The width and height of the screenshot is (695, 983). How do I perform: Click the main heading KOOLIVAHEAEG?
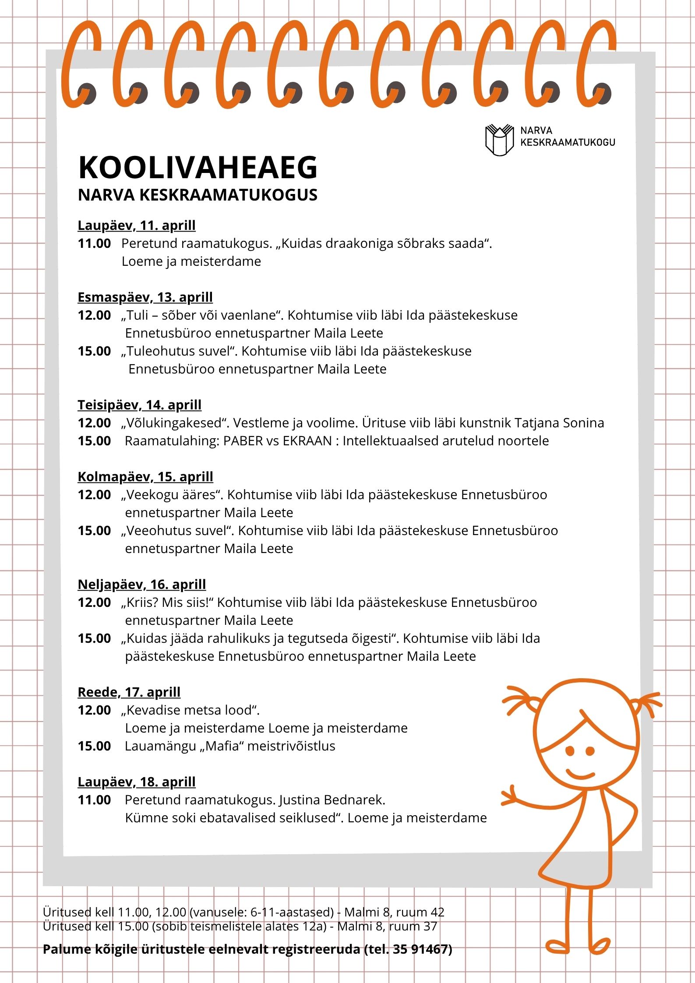click(x=198, y=168)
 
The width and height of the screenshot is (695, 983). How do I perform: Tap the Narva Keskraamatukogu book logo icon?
click(x=499, y=140)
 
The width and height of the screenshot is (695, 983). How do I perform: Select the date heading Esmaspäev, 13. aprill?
click(x=145, y=297)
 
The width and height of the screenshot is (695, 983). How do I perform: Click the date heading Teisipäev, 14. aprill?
click(x=139, y=405)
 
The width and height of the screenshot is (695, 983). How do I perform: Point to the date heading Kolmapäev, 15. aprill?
click(x=145, y=477)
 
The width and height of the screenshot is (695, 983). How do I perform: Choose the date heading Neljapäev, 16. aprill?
click(x=141, y=585)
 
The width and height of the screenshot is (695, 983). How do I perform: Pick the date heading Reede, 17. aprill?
click(x=129, y=692)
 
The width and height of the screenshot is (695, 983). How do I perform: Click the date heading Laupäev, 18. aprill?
click(x=136, y=782)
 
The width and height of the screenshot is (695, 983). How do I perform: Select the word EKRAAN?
click(x=307, y=441)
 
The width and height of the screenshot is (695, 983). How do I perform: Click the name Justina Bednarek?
click(x=332, y=800)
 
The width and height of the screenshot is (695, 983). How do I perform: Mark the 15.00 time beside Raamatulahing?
click(x=94, y=441)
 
